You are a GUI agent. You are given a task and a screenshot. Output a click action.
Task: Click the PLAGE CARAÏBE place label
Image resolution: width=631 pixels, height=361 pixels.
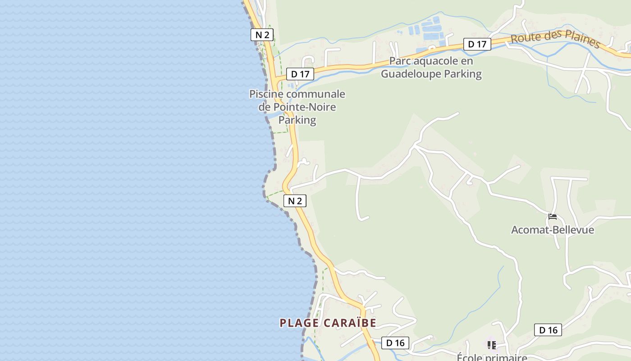[x=328, y=323]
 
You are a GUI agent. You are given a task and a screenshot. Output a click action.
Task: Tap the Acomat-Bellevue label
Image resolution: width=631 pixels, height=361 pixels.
[x=552, y=230]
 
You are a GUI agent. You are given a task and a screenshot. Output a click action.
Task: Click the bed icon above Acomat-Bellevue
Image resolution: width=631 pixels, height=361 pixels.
[x=552, y=217]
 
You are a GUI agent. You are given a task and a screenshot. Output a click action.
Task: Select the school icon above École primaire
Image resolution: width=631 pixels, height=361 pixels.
[x=491, y=345]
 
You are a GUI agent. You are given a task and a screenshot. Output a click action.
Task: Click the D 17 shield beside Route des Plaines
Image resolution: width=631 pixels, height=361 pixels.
[x=477, y=44]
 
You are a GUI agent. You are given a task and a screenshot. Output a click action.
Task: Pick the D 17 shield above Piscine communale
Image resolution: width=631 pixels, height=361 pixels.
[x=300, y=74]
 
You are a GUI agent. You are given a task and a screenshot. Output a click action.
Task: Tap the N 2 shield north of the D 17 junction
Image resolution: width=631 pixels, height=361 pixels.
[x=262, y=35]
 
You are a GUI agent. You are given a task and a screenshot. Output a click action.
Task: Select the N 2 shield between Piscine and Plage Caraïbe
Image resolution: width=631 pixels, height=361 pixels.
[x=295, y=201]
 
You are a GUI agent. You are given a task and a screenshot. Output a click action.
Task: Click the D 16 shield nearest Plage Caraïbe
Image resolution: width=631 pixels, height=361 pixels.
[x=395, y=343]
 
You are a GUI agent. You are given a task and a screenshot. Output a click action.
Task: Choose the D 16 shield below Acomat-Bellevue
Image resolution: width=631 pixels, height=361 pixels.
[x=548, y=330]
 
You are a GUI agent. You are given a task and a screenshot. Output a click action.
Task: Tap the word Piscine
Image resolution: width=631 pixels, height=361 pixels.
[x=266, y=94]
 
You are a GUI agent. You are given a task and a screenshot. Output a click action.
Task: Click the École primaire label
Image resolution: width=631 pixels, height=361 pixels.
[x=492, y=357]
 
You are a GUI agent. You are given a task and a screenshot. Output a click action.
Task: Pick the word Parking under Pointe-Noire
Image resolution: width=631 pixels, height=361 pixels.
[x=297, y=120]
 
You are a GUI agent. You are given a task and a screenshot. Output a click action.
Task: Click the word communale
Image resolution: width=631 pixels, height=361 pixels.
[x=315, y=94]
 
